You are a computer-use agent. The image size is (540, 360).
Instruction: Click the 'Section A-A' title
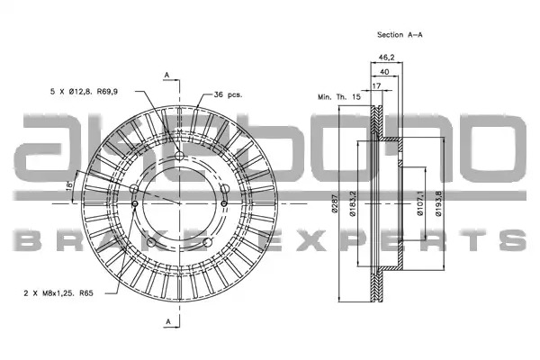click(400, 35)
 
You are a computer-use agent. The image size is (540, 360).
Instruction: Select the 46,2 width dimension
click(386, 58)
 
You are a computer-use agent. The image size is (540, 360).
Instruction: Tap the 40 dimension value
click(384, 72)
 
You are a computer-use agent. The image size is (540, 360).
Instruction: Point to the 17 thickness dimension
click(377, 85)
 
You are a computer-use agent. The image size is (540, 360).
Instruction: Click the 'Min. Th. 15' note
click(339, 97)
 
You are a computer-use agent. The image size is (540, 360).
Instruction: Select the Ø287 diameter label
click(334, 203)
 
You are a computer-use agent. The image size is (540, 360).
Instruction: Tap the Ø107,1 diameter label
click(420, 203)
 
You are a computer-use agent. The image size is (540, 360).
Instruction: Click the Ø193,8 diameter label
click(438, 203)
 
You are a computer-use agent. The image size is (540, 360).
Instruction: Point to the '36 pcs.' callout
click(228, 94)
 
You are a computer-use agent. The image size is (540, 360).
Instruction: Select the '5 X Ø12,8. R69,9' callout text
click(84, 92)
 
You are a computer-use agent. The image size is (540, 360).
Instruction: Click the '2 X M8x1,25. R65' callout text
click(58, 293)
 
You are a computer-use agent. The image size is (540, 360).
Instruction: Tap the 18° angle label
click(69, 185)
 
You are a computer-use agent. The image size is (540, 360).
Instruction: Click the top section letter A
click(167, 75)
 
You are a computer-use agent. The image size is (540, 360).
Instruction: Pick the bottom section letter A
click(168, 322)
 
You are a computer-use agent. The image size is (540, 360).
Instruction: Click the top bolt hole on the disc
click(179, 156)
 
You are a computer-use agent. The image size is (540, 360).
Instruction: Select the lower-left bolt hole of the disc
click(151, 242)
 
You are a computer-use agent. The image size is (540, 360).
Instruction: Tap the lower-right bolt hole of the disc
click(207, 242)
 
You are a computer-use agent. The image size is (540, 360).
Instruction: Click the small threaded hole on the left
click(135, 203)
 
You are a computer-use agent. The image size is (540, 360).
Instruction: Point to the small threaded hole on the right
click(224, 203)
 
